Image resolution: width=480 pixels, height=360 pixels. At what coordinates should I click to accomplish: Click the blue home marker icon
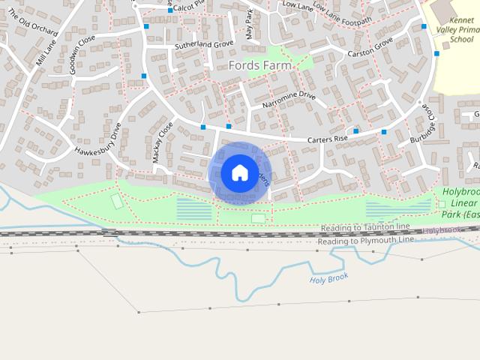[239, 173]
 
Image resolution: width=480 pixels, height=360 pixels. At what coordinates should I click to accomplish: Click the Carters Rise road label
[329, 139]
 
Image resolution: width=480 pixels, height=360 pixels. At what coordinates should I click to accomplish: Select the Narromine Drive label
[289, 100]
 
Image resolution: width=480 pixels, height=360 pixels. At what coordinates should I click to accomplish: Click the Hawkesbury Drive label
[97, 140]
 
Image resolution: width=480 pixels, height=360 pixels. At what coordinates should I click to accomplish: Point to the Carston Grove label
[370, 49]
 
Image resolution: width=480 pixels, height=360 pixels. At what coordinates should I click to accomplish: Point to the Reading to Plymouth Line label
[365, 241]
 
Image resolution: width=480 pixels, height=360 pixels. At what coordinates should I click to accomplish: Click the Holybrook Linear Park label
[460, 203]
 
